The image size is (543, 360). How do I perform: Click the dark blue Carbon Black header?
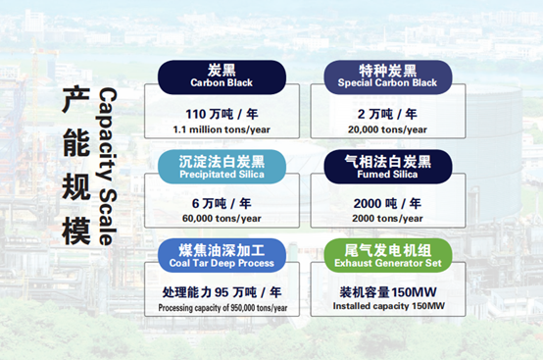pos(222,76)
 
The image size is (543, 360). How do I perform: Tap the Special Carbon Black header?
pos(388,76)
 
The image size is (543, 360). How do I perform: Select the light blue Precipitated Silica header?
pos(222,165)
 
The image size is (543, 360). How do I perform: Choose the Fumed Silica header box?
pos(388,165)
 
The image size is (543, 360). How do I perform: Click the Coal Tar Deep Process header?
pos(222,254)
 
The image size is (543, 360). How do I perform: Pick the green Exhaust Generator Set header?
pos(388,254)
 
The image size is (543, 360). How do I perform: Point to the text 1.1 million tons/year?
pos(222,128)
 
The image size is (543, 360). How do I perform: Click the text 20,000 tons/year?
pos(388,128)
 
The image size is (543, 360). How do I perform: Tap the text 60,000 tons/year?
pos(222,218)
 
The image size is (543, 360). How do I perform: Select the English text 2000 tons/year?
pos(388,218)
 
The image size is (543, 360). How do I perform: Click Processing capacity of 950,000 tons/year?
pos(222,307)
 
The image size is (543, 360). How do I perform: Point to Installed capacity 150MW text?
pos(388,307)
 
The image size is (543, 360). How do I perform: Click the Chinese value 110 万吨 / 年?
pos(222,112)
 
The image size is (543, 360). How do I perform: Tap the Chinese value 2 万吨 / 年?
pos(388,112)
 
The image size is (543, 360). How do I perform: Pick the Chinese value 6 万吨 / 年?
pos(222,202)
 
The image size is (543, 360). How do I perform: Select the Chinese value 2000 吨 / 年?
pos(388,202)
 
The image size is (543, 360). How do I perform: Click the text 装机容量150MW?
pos(388,291)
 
